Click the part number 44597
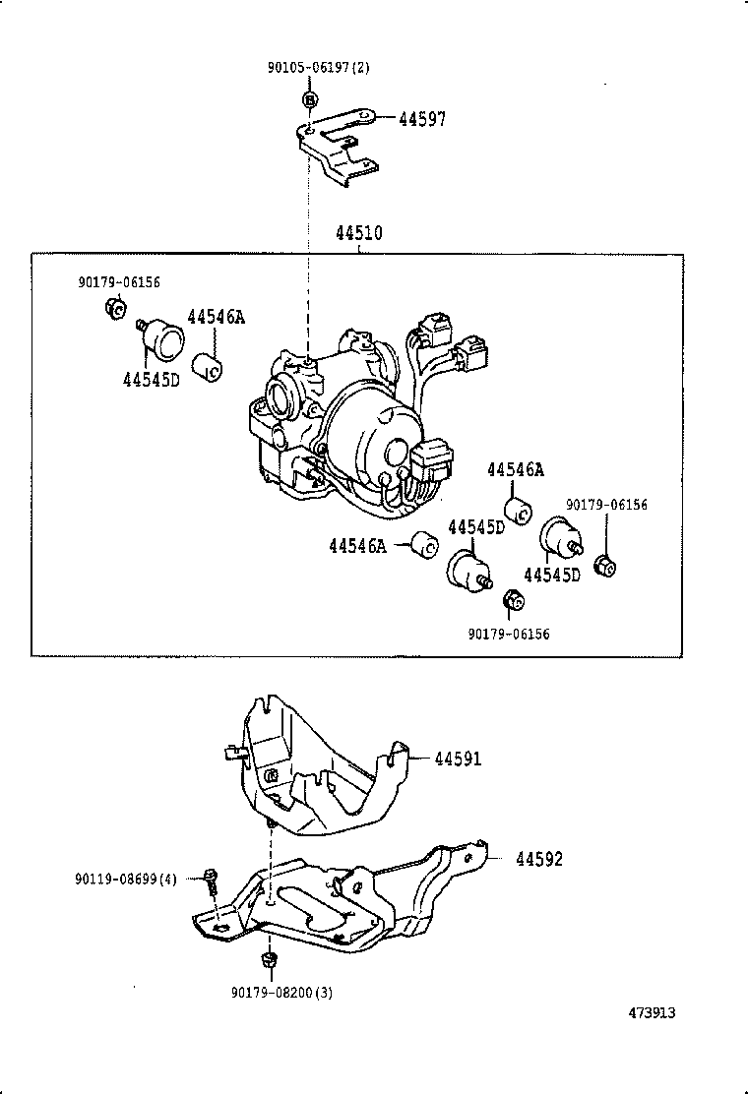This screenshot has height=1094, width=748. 422,119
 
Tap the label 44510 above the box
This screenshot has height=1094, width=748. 358,234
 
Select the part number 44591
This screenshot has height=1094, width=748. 458,759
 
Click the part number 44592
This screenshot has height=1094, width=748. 539,859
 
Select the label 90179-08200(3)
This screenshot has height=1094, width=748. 281,992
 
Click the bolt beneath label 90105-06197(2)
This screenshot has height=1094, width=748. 309,99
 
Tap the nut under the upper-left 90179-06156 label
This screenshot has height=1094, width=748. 112,310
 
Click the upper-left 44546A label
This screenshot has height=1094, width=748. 216,317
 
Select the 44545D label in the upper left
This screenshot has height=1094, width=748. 152,379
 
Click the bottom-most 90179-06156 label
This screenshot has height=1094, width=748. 509,634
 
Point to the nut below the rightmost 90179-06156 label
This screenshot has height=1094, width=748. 607,567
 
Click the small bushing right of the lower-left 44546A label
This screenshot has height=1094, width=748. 425,543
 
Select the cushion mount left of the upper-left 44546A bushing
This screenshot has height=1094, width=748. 161,338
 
